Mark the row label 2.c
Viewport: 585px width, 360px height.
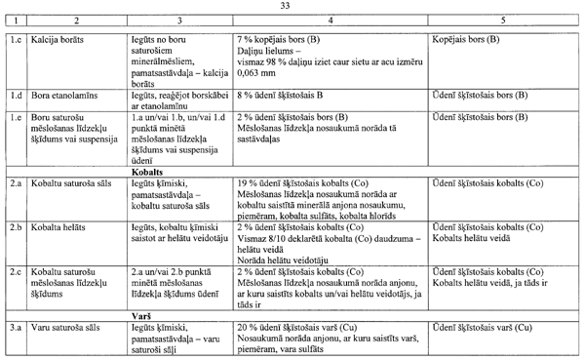[16, 266]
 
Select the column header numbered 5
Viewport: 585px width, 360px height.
[504, 21]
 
